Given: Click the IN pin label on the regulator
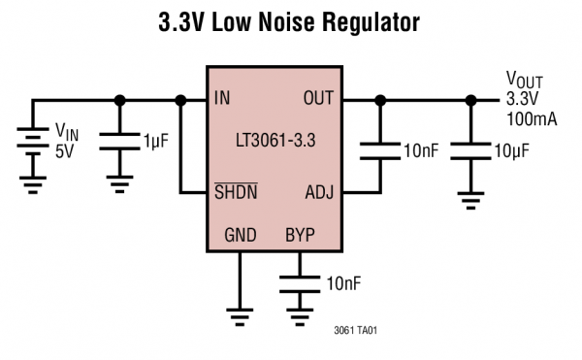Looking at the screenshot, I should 222,99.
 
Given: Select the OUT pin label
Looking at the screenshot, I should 318,99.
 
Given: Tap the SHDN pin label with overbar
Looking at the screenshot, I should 235,191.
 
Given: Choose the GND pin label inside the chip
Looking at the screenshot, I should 242,235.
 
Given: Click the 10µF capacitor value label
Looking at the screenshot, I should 513,150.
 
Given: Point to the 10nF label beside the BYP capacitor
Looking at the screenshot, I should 346,283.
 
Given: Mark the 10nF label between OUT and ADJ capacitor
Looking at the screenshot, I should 420,150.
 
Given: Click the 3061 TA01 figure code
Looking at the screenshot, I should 354,330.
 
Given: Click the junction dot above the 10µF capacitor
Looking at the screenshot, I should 471,99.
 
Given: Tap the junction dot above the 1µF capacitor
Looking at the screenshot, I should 119,99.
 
